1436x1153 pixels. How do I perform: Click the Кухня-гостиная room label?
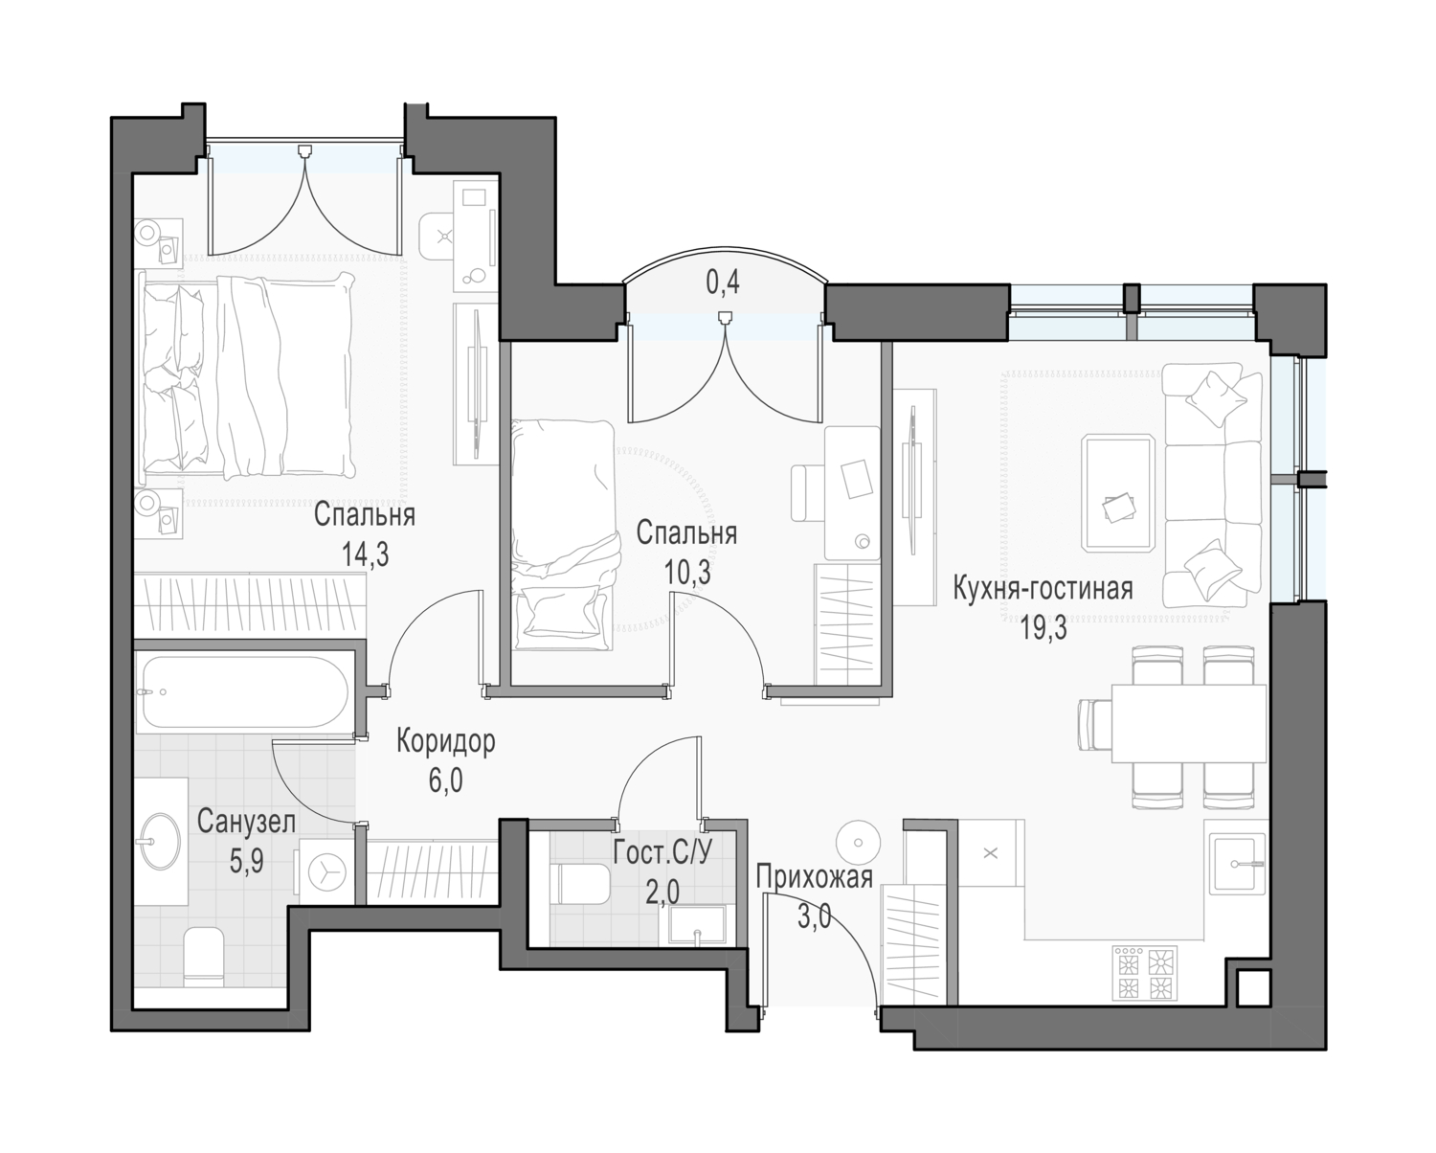point(1043,589)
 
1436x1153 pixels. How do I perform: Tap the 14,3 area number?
point(365,554)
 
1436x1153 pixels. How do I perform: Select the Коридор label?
point(446,741)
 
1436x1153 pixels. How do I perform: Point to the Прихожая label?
point(814,876)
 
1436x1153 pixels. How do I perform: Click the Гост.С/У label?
point(662,852)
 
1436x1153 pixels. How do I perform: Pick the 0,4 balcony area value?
point(723,283)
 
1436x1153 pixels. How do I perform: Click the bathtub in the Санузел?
point(243,691)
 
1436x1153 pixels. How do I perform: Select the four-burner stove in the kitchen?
point(1144,972)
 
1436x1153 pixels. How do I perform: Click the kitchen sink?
point(1239,864)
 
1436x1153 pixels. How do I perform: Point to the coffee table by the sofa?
point(1118,493)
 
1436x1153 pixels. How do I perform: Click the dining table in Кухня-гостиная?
point(1188,724)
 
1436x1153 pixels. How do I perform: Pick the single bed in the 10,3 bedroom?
point(563,534)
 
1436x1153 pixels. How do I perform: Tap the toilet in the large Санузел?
point(204,956)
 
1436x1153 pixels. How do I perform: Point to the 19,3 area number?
point(1043,628)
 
